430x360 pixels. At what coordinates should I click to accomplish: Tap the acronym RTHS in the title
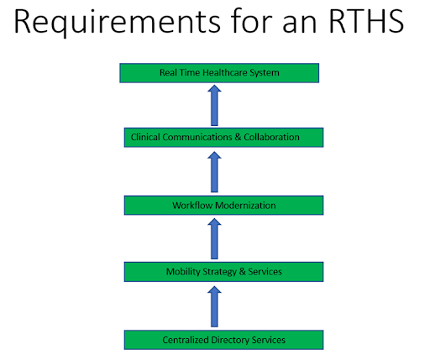[x=366, y=21]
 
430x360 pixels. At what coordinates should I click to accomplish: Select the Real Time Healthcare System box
[x=219, y=73]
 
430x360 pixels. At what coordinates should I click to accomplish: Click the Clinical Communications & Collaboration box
[x=223, y=138]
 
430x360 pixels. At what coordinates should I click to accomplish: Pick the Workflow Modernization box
[x=223, y=206]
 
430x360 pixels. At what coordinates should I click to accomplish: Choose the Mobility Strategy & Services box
[x=223, y=272]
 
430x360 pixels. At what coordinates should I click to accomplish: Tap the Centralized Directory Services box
[x=223, y=340]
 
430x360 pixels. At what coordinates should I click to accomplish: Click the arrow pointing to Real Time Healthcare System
[x=214, y=105]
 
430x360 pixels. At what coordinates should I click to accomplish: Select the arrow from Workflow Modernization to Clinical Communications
[x=214, y=172]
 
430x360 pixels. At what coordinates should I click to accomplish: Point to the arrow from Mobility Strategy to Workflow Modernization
[x=214, y=238]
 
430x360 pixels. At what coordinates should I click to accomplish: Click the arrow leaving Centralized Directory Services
[x=214, y=306]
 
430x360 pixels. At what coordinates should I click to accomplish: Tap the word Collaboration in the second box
[x=271, y=137]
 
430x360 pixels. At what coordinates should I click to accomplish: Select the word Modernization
[x=245, y=206]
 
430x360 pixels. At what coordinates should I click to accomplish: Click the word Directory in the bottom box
[x=230, y=340]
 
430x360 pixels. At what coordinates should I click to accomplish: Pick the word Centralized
[x=186, y=340]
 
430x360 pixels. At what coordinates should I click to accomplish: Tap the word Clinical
[x=145, y=137]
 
